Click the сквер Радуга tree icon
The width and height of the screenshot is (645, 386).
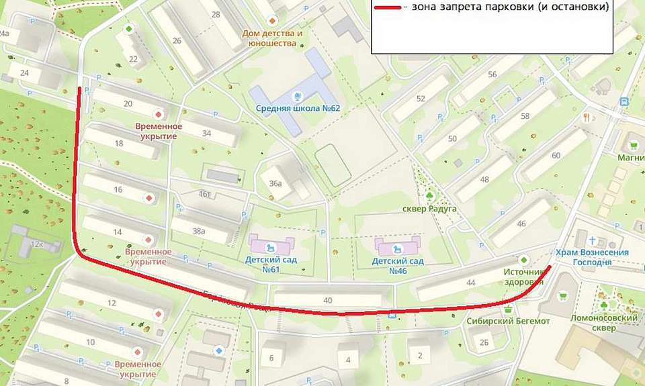coord(429,195)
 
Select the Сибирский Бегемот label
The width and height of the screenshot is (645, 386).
coord(509,322)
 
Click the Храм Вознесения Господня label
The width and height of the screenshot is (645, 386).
coord(592,257)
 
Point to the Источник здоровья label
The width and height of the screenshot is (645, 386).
coord(523,277)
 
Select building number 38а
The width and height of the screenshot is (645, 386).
coord(198,231)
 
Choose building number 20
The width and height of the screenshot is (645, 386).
coord(128,103)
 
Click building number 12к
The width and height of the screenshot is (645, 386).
coord(36,244)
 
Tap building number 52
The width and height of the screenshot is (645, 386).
coord(421,99)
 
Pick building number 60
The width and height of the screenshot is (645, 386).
coord(556,156)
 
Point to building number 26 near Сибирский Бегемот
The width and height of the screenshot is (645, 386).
coord(484,342)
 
